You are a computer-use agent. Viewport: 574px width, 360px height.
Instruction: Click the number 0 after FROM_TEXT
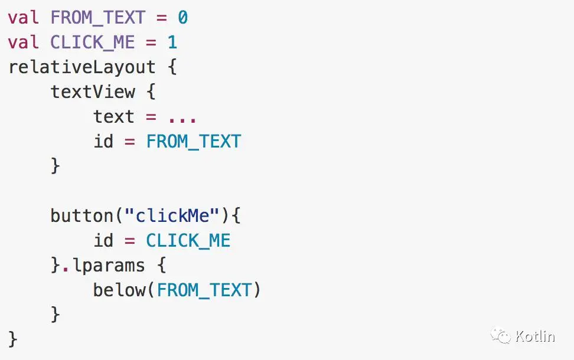point(182,18)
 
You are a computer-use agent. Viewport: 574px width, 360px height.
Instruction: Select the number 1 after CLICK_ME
point(172,42)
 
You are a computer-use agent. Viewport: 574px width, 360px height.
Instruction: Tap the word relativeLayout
point(82,67)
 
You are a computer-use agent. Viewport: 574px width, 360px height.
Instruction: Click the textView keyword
point(93,92)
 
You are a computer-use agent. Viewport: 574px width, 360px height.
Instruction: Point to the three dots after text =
point(182,117)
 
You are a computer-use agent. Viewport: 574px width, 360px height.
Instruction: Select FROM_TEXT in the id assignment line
point(194,142)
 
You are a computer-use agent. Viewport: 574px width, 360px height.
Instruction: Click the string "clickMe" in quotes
point(172,216)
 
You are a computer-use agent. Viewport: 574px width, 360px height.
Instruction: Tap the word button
point(82,216)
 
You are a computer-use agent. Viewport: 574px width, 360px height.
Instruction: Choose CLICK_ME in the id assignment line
point(188,241)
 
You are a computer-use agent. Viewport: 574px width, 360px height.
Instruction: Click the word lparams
point(109,266)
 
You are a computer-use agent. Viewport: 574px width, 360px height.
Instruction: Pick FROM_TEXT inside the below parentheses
point(204,290)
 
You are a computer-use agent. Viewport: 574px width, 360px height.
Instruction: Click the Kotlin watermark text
point(535,337)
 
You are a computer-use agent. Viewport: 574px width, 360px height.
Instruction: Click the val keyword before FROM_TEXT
point(24,18)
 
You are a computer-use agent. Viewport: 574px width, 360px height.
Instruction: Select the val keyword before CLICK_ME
point(24,42)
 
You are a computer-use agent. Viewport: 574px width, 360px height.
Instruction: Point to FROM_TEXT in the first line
point(98,18)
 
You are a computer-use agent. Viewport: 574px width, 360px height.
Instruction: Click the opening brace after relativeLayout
point(172,67)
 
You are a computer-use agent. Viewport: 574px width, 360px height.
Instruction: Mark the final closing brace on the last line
point(13,339)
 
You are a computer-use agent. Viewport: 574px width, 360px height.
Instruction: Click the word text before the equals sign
point(114,117)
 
